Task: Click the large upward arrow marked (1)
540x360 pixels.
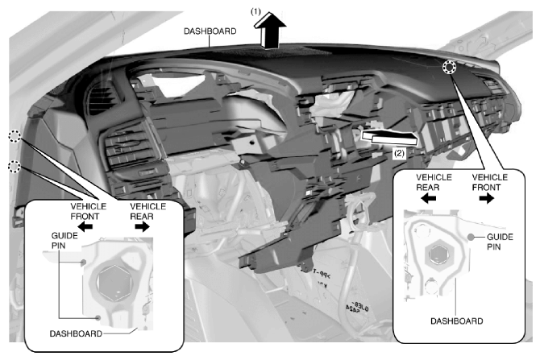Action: [270, 31]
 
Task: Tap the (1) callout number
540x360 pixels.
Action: [255, 12]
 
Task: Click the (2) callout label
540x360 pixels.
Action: [399, 153]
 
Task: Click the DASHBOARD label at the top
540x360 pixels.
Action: [210, 31]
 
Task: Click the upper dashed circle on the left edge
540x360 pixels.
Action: [15, 136]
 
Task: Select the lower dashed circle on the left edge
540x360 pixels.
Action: [15, 167]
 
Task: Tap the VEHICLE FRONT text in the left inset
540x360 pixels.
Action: [88, 211]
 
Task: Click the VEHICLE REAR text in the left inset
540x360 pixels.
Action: [147, 211]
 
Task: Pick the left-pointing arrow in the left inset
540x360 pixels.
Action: [85, 227]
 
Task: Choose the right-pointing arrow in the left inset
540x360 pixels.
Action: [142, 227]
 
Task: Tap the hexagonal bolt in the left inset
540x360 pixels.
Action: [114, 283]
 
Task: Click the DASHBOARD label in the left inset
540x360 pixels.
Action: [76, 333]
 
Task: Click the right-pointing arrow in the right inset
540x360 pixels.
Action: [487, 198]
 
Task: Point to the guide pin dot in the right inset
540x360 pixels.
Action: [471, 237]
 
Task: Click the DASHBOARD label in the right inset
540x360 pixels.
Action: [457, 321]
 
